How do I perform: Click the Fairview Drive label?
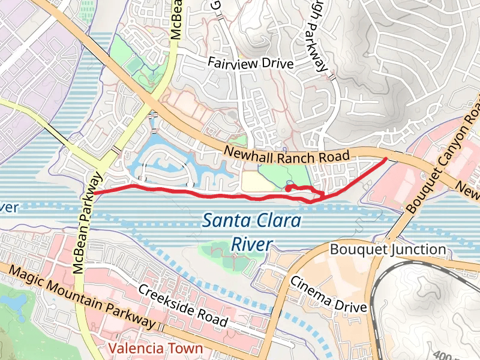tap(250, 63)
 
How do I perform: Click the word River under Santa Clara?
tap(252, 244)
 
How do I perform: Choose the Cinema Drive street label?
tap(328, 294)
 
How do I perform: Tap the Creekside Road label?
tap(183, 305)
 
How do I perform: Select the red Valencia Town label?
tap(155, 348)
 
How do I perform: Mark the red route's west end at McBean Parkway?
tap(94, 193)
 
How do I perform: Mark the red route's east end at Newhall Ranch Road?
tap(385, 159)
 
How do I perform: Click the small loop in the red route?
tap(290, 188)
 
